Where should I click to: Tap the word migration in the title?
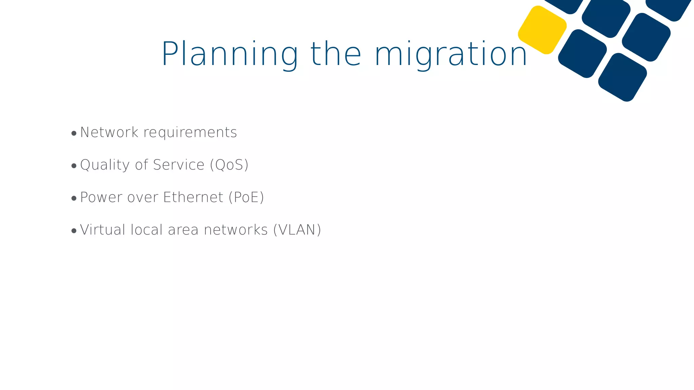tap(451, 54)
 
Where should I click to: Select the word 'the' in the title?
tap(336, 54)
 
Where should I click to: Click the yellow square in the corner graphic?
tap(542, 30)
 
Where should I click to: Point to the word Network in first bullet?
tap(109, 132)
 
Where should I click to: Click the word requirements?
tap(190, 132)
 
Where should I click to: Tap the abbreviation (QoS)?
tap(229, 165)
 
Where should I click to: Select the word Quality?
tap(105, 165)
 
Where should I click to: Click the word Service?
tap(179, 165)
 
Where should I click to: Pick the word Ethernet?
tap(193, 197)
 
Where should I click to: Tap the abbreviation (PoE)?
tap(246, 197)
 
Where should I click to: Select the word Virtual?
tap(103, 230)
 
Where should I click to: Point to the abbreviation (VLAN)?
tap(297, 230)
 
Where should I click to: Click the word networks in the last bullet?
tap(236, 230)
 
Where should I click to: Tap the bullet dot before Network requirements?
tap(74, 133)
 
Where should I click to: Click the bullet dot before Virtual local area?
tap(74, 231)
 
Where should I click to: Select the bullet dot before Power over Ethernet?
tap(74, 198)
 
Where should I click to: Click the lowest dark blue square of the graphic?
tap(622, 77)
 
